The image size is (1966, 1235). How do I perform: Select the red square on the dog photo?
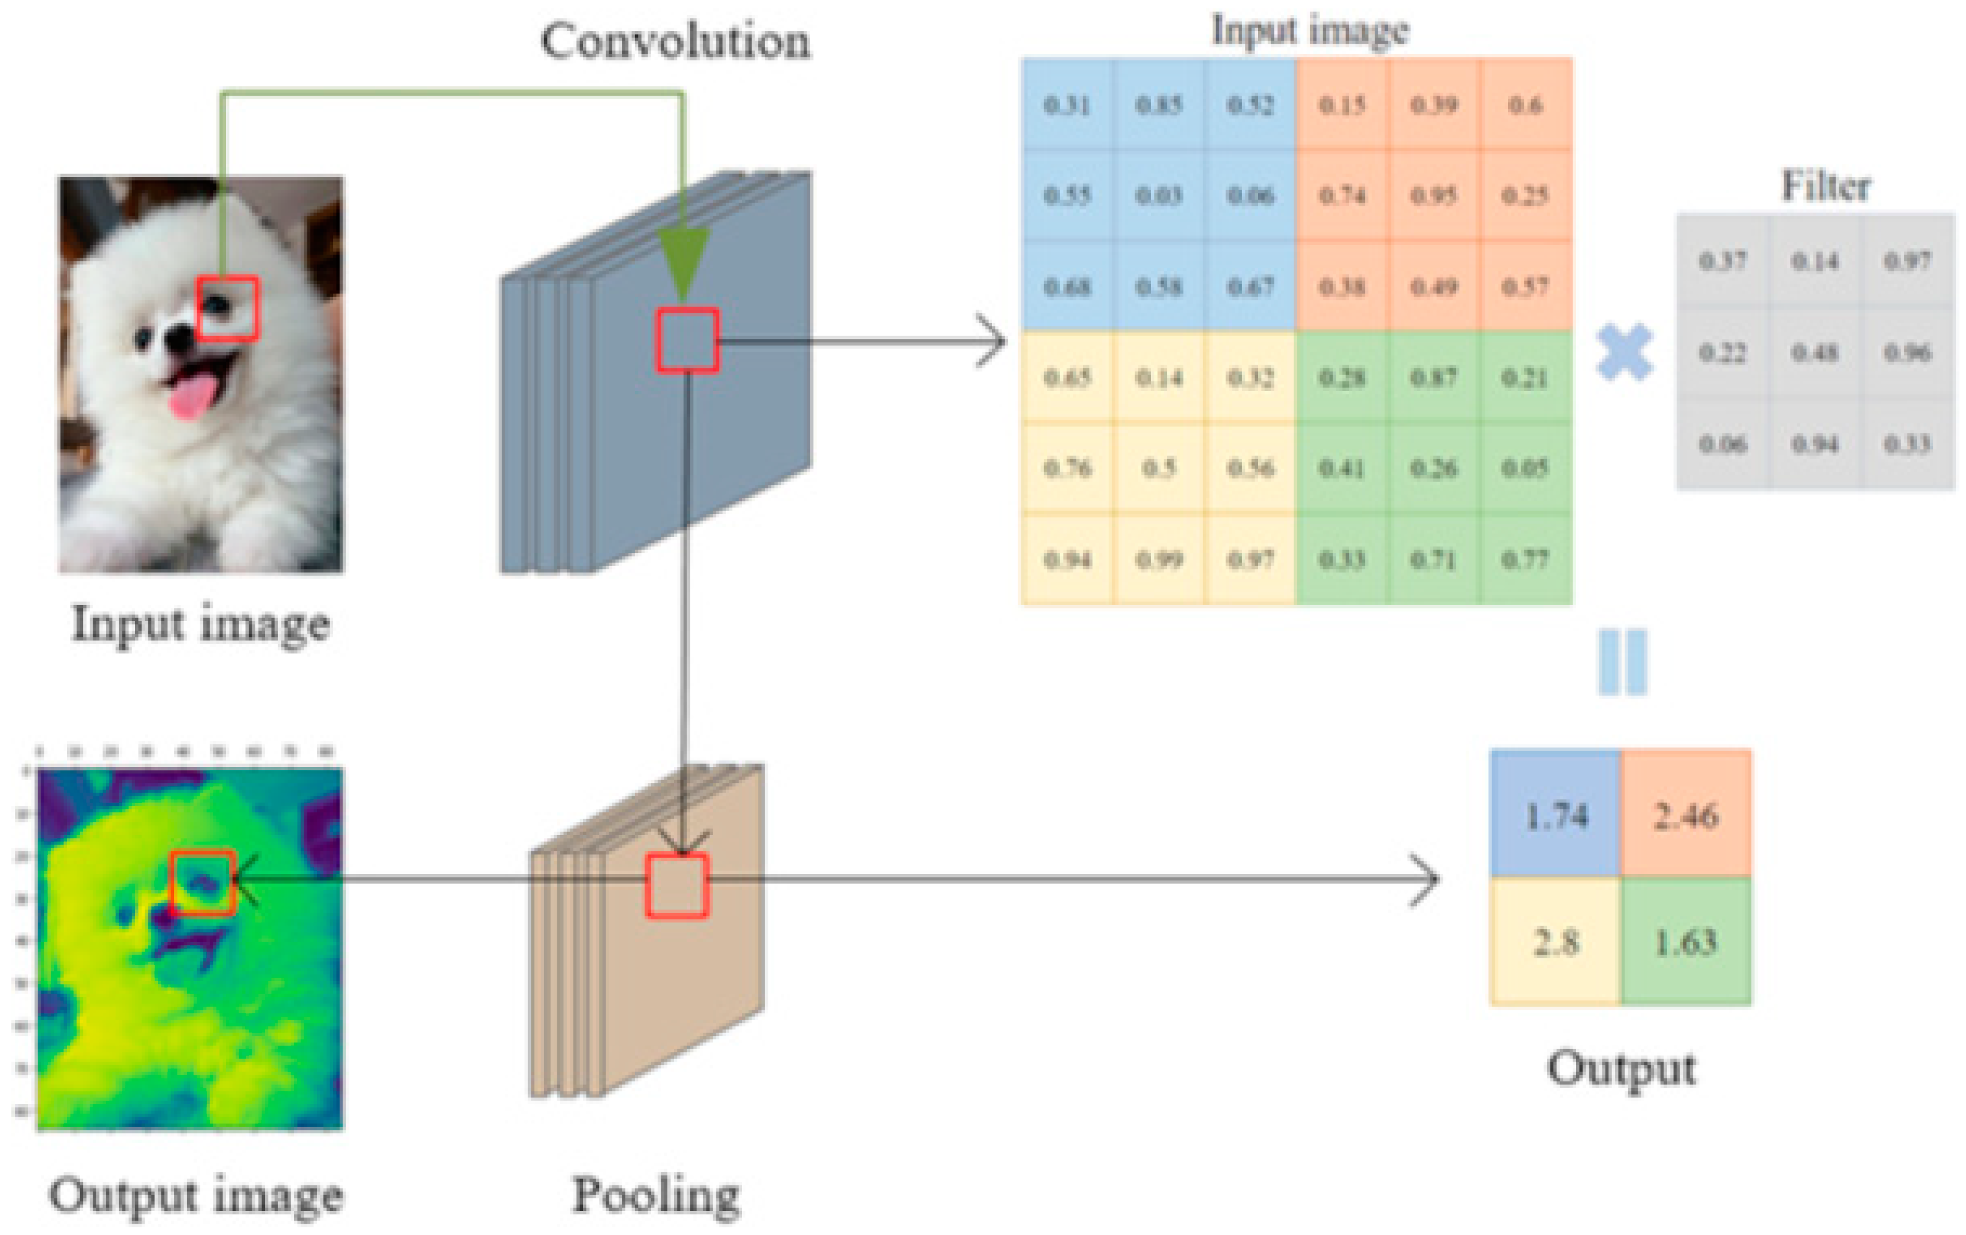228,308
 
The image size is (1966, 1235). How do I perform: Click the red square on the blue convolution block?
688,340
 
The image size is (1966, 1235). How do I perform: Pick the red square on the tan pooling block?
677,886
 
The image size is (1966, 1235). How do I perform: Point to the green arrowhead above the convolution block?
683,261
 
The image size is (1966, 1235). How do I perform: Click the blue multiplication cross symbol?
1625,353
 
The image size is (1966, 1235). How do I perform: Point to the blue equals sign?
1622,662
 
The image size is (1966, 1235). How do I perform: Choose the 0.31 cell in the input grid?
1067,105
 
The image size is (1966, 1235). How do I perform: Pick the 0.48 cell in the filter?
1815,353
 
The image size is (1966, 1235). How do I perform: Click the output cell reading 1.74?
1556,815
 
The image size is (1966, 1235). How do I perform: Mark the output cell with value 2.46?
1686,815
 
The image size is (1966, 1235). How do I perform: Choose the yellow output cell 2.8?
1556,942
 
